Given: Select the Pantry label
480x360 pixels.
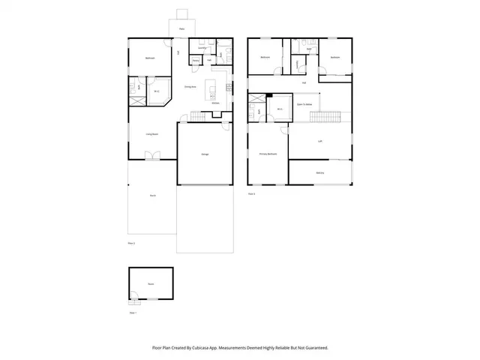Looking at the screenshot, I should pos(195,61).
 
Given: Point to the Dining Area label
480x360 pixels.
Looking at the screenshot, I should pos(190,87).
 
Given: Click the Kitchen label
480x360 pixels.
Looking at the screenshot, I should pos(215,103).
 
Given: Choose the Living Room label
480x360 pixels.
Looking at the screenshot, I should pos(151,133).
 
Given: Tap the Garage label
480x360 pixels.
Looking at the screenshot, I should pos(205,154).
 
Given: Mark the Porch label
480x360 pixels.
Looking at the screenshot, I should pos(152,196).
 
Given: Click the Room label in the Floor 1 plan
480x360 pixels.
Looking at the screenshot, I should pos(150,284).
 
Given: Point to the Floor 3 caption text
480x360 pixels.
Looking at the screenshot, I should pos(252,193).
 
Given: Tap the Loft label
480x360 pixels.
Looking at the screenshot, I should pos(320,141).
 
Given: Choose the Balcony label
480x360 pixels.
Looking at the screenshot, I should pos(320,172).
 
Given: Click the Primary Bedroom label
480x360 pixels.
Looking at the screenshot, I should pos(268,154).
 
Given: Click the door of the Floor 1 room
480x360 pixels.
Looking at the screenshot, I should pos(134,301).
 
